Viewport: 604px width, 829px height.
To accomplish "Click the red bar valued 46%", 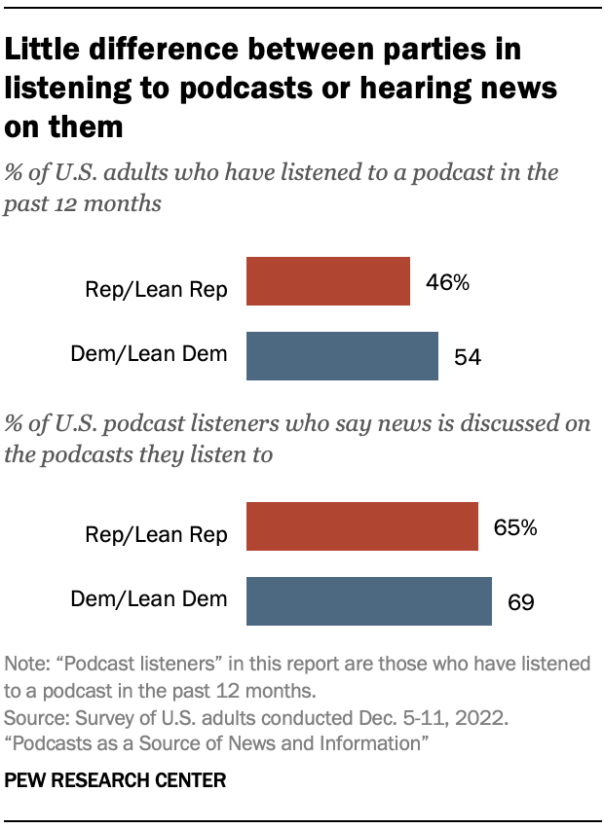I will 328,282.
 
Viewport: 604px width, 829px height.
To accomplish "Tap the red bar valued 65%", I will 362,527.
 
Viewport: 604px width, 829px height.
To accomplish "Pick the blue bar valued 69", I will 369,601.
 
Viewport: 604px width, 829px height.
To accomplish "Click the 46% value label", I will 448,283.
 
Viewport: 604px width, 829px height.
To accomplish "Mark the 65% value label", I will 516,528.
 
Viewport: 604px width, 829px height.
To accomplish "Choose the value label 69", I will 521,602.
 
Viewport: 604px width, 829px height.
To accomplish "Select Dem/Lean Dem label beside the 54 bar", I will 149,354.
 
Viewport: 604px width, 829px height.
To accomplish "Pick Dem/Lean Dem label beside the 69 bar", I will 149,599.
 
